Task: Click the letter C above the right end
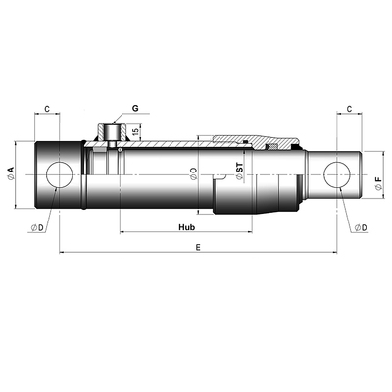coord(349,109)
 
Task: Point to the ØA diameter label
coord(11,173)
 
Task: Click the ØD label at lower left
coord(36,226)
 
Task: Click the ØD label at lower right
coord(360,226)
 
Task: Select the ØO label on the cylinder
coord(193,174)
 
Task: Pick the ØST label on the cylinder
coord(239,174)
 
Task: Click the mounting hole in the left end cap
coord(58,174)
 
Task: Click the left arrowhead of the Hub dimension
coord(122,232)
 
